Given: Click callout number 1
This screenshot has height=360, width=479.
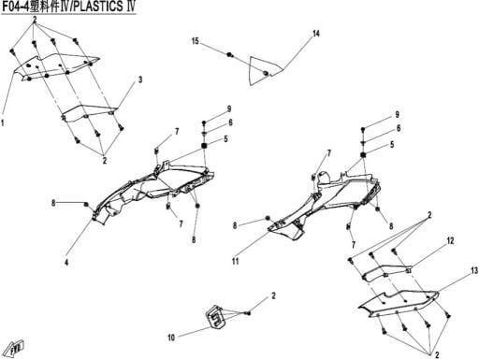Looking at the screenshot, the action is [x=3, y=122].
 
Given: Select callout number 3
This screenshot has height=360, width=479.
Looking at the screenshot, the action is [x=140, y=79].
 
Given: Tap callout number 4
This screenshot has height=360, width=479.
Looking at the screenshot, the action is [x=66, y=263].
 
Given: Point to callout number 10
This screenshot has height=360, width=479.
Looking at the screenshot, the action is [x=171, y=338].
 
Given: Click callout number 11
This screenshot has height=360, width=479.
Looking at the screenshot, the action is [x=235, y=261].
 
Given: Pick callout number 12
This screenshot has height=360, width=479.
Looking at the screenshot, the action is [x=450, y=241].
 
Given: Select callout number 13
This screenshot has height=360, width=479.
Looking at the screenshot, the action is [x=474, y=271].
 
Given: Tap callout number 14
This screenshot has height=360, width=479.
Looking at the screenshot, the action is [x=316, y=34].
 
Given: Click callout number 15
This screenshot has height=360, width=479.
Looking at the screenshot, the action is [x=196, y=41].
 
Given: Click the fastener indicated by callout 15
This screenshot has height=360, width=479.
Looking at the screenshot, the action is [x=230, y=55].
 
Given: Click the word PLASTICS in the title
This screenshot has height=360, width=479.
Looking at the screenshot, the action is [x=97, y=7].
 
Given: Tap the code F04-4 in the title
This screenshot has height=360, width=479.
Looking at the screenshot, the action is [x=14, y=7].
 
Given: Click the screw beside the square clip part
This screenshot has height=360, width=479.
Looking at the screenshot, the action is [x=248, y=313].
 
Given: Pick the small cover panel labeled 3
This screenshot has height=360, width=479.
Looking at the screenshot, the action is [x=89, y=112].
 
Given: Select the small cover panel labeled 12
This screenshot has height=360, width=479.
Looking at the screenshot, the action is [x=386, y=272].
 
